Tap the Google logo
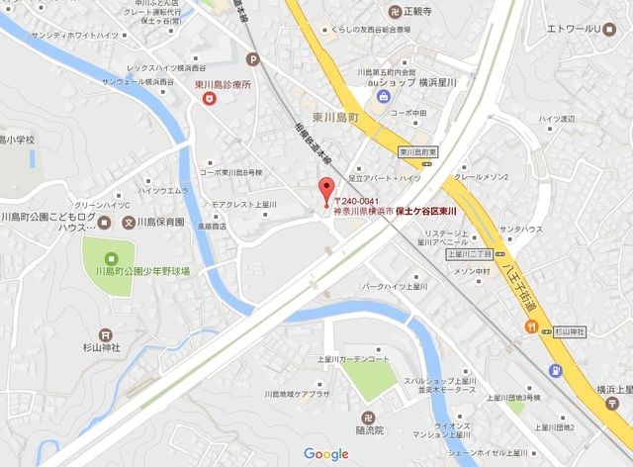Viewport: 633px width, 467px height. tap(326, 453)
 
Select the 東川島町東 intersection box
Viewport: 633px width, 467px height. tap(419, 152)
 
